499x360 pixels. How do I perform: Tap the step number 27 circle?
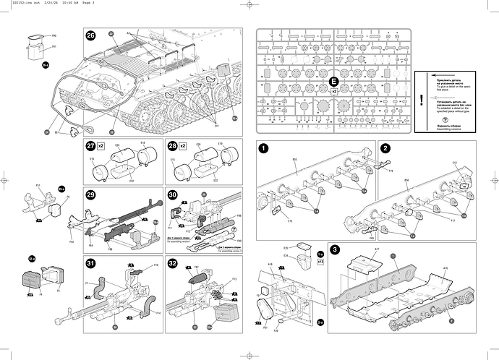coord(90,147)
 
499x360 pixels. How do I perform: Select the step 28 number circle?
coord(172,147)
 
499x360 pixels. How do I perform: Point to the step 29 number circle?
coord(90,195)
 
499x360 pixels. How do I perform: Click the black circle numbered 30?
coord(172,195)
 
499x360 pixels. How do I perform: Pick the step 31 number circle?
coord(90,262)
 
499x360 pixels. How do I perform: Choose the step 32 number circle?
coord(172,262)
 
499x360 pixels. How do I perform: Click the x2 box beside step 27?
coord(102,147)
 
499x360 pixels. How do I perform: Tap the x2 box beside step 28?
coord(184,147)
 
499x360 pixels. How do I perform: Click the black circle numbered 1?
coord(265,148)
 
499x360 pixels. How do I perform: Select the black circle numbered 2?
coord(386,148)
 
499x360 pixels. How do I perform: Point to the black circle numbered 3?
coord(335,249)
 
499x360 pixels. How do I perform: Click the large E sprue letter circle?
coord(333,82)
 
